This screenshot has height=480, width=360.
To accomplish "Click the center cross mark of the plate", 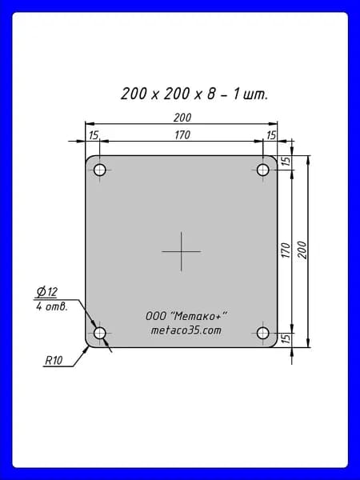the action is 182,252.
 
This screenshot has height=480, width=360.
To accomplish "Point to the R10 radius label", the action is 54,361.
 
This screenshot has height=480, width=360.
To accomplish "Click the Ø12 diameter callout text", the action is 46,292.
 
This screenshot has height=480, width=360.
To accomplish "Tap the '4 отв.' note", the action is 51,306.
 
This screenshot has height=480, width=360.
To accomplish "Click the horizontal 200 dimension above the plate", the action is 182,118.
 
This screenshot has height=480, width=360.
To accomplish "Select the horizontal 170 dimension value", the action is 182,135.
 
